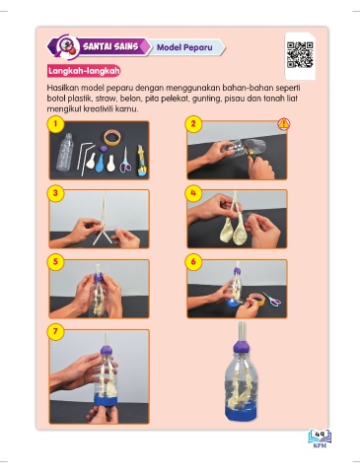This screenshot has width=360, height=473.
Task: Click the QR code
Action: pos(300,54)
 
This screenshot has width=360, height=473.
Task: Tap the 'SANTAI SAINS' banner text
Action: pos(110,46)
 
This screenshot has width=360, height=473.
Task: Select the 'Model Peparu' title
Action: pos(184,47)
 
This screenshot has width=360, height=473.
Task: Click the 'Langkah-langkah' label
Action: pos(84,71)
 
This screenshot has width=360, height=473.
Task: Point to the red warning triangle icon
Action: pos(283,124)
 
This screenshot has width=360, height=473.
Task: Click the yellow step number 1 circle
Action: pos(55,124)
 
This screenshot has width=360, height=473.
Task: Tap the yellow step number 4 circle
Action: pos(193,193)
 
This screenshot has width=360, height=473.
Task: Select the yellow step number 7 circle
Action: pos(55,332)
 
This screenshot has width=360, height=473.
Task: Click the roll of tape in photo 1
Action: pos(112,137)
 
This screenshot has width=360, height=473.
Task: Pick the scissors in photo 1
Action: pos(125,161)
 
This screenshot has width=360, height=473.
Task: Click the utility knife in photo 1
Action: pos(142,161)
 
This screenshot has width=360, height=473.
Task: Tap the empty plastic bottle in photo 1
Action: pos(64,152)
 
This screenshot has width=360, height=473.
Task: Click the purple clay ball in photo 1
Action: pos(108,149)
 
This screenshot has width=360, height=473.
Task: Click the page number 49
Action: pos(320,435)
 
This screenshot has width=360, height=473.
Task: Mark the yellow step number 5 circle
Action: pos(55,262)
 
